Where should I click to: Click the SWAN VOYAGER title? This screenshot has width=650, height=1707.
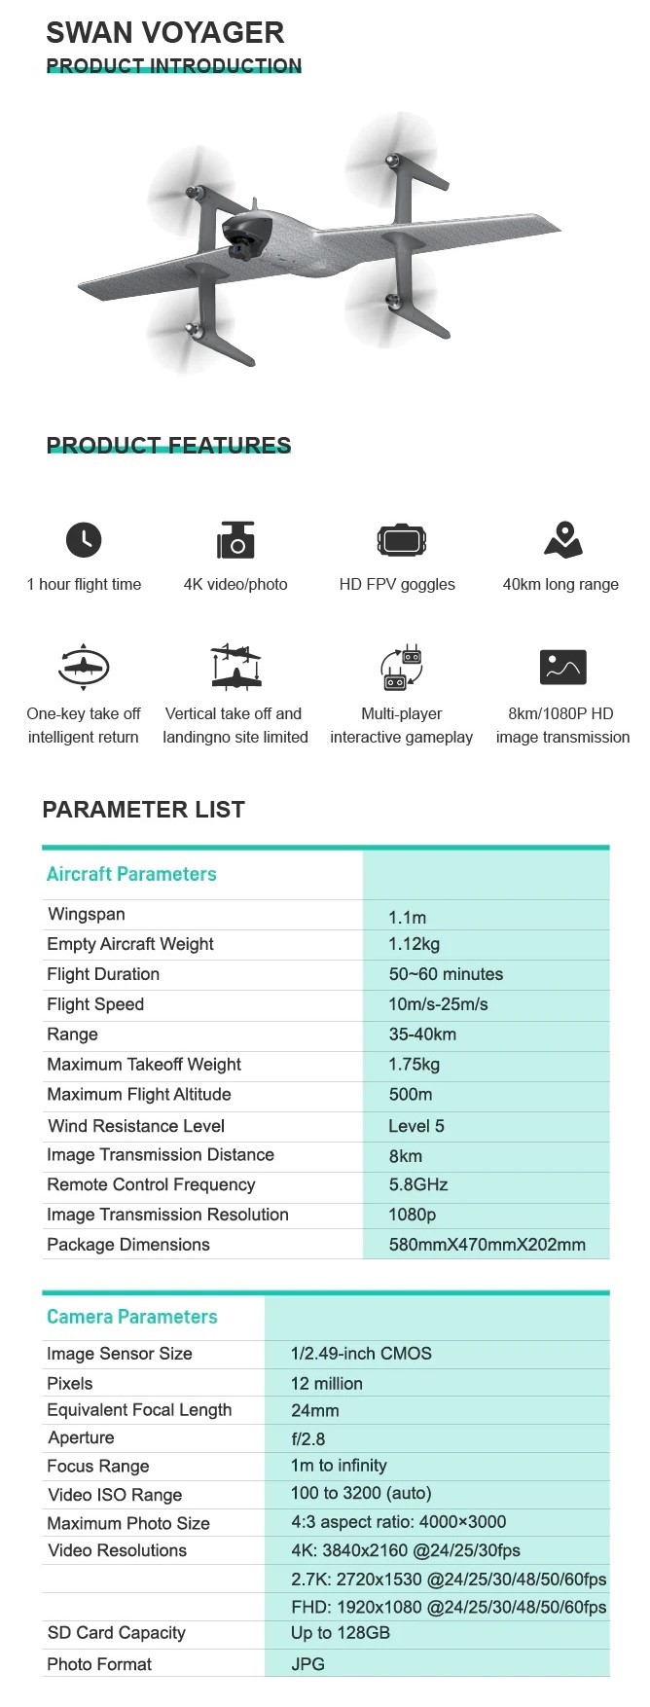[x=164, y=32]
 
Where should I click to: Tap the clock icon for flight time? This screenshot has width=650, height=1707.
[x=84, y=539]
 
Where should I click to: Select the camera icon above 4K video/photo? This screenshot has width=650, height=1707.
[x=235, y=540]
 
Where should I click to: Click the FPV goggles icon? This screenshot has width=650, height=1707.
[x=401, y=539]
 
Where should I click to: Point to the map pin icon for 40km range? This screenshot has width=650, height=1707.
[x=562, y=539]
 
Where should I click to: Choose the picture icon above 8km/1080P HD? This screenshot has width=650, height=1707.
[x=562, y=668]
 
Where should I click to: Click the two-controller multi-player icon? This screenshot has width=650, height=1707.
[x=401, y=668]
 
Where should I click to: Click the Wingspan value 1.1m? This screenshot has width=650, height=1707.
[x=407, y=917]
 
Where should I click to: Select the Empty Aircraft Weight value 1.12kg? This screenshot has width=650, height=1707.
[x=414, y=944]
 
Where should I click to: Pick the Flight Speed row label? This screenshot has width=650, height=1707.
[x=95, y=1004]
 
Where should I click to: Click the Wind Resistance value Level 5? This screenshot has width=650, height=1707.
[x=415, y=1126]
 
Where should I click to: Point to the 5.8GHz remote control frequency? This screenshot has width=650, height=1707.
[x=417, y=1184]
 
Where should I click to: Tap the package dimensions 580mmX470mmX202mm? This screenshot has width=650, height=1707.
[x=487, y=1245]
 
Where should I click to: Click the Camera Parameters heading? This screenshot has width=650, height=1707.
[x=132, y=1317]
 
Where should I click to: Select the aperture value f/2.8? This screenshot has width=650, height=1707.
[x=307, y=1438]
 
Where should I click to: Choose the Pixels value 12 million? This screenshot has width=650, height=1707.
[x=326, y=1383]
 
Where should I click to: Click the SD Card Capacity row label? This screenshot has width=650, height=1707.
[x=116, y=1633]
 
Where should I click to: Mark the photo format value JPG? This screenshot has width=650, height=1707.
[x=307, y=1664]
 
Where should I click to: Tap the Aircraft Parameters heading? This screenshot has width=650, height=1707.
[x=131, y=874]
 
